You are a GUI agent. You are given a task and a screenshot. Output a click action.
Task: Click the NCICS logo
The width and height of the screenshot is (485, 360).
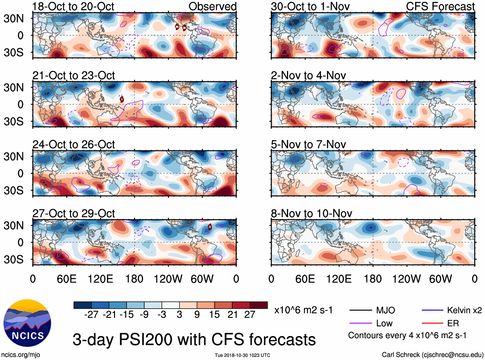[27, 323]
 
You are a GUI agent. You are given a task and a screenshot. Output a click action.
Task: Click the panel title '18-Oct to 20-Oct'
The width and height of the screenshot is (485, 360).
[73, 6]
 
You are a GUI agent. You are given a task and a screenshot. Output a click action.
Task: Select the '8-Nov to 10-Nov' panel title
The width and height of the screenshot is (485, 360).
[311, 213]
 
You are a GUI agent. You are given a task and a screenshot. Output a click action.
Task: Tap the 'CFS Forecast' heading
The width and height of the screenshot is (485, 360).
[440, 6]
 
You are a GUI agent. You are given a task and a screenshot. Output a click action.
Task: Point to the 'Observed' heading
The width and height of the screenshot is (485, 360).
[212, 6]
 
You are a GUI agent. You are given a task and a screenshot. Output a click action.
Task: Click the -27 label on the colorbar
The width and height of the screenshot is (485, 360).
[91, 314]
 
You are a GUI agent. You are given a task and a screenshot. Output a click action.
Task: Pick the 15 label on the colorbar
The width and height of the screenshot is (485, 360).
[214, 314]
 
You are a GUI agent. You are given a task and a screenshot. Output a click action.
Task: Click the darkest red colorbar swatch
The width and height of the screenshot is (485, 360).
[259, 305]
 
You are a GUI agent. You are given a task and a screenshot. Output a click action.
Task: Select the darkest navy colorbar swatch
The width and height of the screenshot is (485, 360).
[82, 305]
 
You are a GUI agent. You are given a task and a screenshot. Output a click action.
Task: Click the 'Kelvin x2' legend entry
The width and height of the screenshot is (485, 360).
[464, 310]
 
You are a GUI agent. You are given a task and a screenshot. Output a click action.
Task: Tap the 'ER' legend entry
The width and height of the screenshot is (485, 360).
[453, 323]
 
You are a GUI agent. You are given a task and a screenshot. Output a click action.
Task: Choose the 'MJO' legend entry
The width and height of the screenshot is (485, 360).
[385, 310]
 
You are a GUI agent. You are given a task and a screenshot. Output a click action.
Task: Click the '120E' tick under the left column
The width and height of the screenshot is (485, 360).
[100, 279]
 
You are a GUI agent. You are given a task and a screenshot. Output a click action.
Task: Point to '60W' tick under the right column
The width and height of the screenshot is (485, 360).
[440, 279]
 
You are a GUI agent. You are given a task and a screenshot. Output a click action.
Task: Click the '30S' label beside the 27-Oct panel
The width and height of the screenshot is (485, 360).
[14, 259]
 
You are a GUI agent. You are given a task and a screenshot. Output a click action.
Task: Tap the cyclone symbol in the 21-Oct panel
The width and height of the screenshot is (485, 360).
[122, 99]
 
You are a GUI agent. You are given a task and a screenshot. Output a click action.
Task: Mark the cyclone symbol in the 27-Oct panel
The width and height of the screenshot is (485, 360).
[210, 227]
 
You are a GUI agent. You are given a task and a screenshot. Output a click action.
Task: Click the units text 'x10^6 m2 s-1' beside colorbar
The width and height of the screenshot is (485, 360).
[303, 310]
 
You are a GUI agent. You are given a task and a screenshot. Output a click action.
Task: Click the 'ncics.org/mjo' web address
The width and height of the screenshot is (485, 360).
[21, 355]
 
